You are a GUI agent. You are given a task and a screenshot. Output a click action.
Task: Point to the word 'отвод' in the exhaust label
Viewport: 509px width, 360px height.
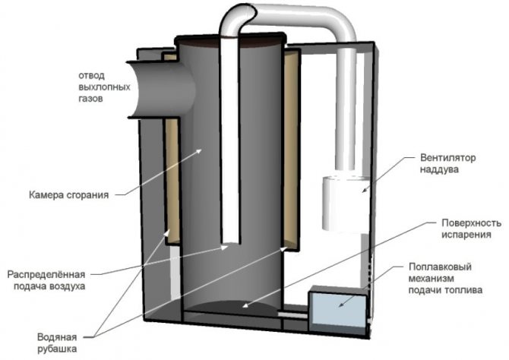coord(94,75)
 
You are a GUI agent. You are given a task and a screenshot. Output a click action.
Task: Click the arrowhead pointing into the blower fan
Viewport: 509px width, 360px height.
coord(363,191)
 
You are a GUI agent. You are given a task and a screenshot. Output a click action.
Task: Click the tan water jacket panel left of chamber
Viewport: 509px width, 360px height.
coord(173,182)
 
